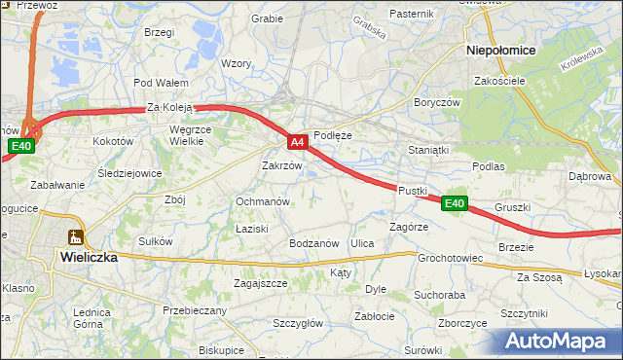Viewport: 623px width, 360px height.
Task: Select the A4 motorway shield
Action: click(299, 142)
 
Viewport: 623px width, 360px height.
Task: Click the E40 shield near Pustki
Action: click(454, 203)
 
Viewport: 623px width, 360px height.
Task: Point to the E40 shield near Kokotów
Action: click(21, 146)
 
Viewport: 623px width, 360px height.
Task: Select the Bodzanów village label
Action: click(312, 242)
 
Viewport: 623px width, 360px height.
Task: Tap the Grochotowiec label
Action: click(451, 259)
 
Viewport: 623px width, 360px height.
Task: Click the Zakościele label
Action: click(500, 81)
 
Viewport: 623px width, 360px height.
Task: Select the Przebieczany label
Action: click(195, 310)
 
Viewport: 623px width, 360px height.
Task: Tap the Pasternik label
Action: click(411, 14)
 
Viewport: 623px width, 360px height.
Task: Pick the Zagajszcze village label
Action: click(260, 283)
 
